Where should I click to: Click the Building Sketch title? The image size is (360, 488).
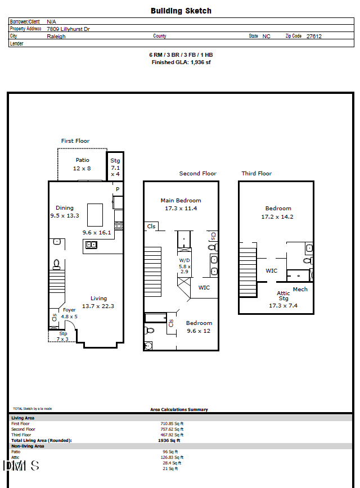[181, 11]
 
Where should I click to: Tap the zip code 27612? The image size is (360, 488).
[314, 36]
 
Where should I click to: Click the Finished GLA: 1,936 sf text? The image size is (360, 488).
[181, 62]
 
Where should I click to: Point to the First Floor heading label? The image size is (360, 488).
[75, 141]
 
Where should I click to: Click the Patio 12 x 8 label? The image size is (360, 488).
[83, 164]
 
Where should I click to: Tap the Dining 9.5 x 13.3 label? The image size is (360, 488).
[65, 211]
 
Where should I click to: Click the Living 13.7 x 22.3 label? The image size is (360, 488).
[98, 302]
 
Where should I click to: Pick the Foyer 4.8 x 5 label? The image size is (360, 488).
[69, 313]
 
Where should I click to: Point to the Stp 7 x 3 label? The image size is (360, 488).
[62, 336]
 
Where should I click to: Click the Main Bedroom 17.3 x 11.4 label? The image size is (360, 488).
[181, 204]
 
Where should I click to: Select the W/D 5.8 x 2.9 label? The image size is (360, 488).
[184, 265]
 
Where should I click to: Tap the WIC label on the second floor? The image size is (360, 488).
[204, 287]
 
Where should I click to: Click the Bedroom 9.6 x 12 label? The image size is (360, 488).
[199, 327]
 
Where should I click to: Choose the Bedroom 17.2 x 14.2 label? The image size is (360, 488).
[278, 212]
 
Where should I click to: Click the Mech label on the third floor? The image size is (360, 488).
[300, 290]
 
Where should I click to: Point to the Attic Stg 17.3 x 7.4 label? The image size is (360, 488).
[283, 299]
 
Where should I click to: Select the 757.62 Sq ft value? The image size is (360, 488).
[172, 429]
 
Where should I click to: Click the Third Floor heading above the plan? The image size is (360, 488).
[256, 173]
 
